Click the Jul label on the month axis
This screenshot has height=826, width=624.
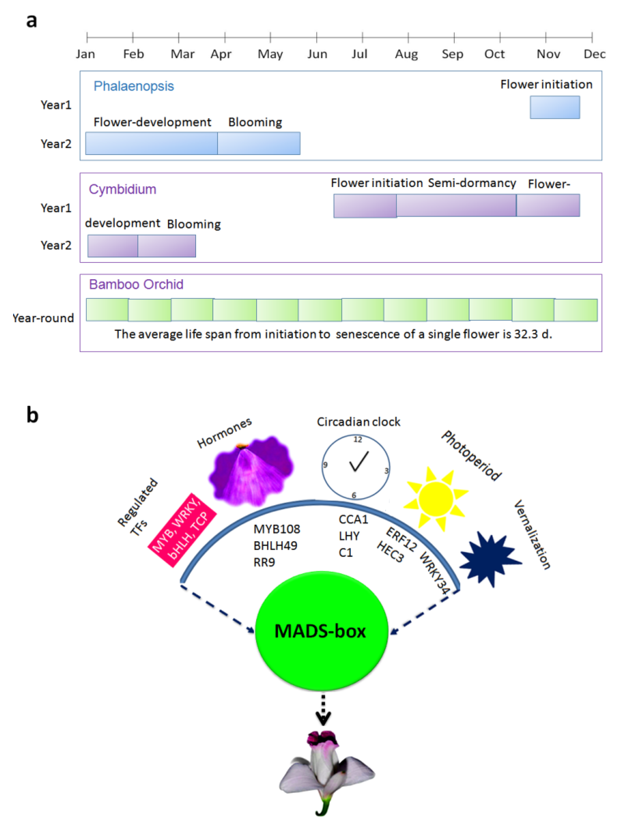coord(359,54)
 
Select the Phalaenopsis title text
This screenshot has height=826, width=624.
coord(134,86)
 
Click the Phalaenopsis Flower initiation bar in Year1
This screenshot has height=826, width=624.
coord(555,108)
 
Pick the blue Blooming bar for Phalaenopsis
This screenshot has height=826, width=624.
coord(259,143)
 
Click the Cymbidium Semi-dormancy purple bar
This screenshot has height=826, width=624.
coord(456,205)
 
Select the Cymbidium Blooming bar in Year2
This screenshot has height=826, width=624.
coord(167,246)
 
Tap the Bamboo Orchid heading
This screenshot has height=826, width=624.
coord(136,285)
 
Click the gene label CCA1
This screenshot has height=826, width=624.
coord(353,519)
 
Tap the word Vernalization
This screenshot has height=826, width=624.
coord(532,535)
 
